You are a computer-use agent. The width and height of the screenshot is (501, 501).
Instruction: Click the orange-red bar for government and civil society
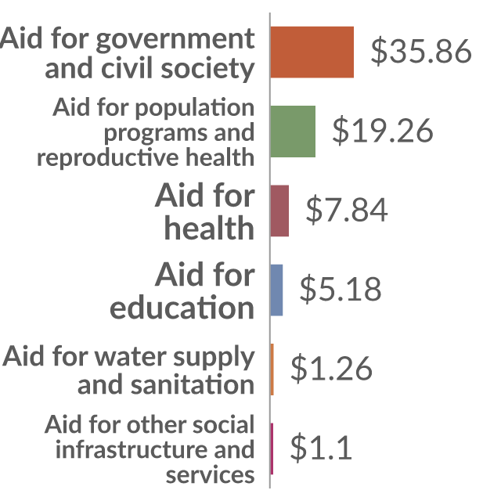tap(312, 52)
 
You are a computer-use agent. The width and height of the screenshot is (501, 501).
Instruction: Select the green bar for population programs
tap(293, 132)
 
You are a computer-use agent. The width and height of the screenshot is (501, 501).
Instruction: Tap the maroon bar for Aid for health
tap(279, 211)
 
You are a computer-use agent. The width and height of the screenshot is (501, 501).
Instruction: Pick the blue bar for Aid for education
tap(276, 290)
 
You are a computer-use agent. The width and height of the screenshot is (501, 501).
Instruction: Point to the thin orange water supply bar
tap(272, 369)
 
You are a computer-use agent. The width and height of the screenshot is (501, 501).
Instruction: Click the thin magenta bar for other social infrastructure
tap(272, 449)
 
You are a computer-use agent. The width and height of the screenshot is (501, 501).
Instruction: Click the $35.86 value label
tap(421, 51)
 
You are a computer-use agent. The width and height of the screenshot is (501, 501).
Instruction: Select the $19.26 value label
tap(383, 131)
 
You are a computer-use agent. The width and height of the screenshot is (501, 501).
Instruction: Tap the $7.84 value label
tap(347, 210)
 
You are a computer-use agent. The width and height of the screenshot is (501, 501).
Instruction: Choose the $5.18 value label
tap(341, 289)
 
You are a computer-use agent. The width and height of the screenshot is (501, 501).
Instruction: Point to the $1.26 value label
tap(332, 369)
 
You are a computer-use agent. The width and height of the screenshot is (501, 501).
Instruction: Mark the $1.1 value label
tap(321, 448)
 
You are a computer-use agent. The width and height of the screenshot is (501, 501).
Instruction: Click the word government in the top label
tap(175, 40)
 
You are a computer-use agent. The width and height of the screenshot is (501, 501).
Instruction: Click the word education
tap(182, 308)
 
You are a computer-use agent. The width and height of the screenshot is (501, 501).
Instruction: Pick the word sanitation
tap(193, 384)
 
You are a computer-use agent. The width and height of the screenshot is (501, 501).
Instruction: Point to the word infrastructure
tap(133, 449)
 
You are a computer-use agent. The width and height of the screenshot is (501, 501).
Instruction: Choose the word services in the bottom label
tap(211, 475)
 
